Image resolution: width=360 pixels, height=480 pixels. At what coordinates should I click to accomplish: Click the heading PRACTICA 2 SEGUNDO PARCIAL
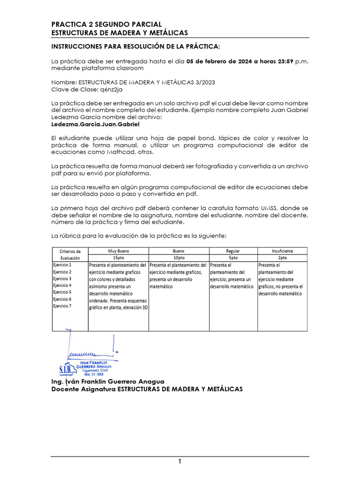click(x=106, y=24)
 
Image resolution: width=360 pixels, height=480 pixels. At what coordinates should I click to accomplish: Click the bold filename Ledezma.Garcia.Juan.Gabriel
click(x=95, y=125)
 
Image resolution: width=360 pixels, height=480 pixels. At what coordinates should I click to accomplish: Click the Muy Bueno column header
click(x=118, y=251)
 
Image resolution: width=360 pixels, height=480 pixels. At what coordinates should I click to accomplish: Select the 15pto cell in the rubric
click(x=118, y=258)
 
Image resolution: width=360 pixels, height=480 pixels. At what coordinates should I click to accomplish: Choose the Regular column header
click(x=232, y=251)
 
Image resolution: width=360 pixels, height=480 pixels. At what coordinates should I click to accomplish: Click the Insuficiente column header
click(x=282, y=251)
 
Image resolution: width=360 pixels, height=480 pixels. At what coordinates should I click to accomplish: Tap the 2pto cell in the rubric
click(x=282, y=258)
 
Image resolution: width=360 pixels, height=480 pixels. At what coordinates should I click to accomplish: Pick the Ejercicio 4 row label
click(x=62, y=285)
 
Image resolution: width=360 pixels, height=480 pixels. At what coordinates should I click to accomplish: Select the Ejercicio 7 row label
click(x=62, y=306)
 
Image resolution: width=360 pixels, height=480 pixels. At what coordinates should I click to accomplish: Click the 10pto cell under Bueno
click(x=178, y=258)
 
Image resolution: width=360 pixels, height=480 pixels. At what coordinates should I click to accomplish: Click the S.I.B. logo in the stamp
click(x=66, y=370)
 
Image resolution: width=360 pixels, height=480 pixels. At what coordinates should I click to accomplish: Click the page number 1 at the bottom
click(x=180, y=462)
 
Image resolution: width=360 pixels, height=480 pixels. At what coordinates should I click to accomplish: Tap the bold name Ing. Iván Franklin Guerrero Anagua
click(x=108, y=382)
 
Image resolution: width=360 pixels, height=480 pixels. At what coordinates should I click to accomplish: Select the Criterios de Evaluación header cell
click(x=70, y=255)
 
